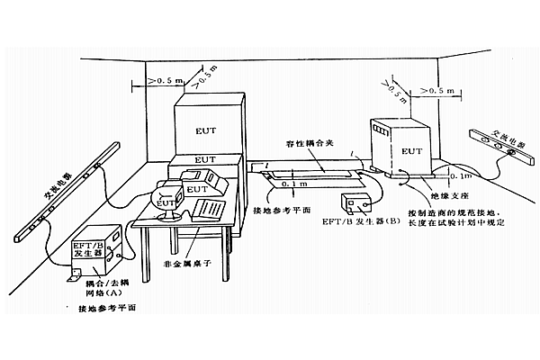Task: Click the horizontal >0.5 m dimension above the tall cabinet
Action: coord(162,82)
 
